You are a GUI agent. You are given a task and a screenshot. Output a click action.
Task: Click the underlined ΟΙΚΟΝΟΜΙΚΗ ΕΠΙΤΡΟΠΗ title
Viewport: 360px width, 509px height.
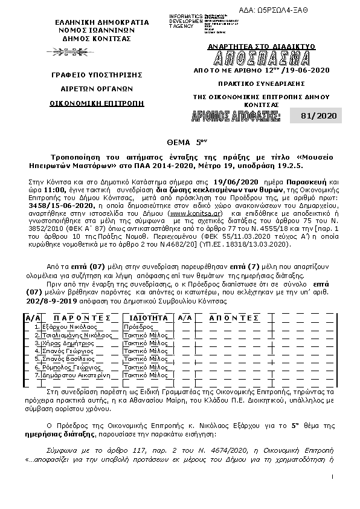click(97, 103)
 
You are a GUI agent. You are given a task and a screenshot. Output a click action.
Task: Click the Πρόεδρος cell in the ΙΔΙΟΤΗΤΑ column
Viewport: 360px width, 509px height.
click(137, 326)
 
